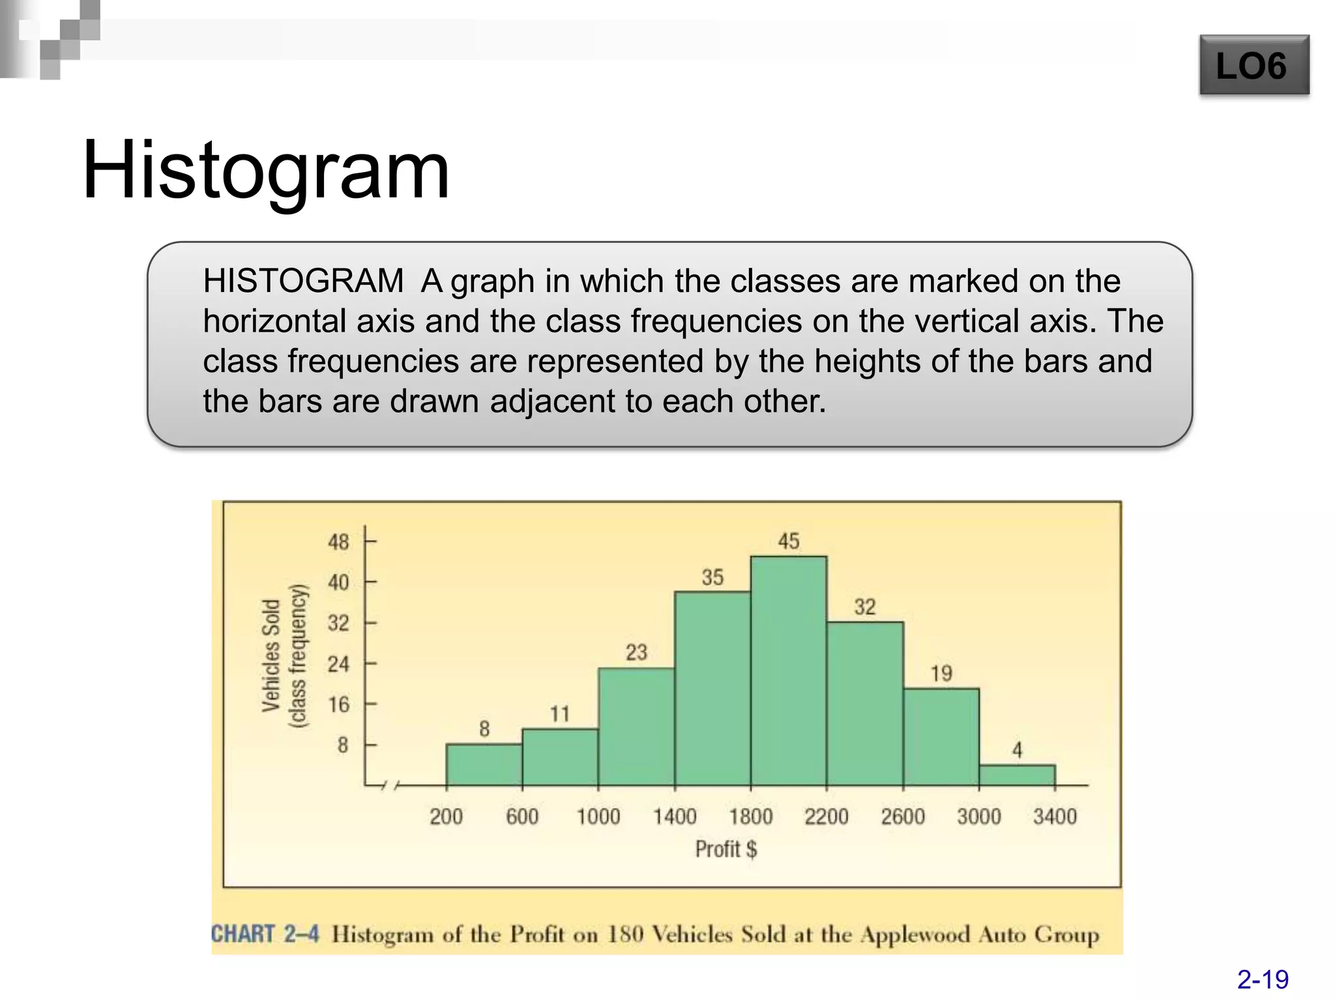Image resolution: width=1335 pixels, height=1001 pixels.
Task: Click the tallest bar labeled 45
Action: (x=789, y=671)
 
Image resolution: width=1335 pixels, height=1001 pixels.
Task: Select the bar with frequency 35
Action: (x=712, y=689)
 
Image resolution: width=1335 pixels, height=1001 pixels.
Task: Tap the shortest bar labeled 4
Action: (x=1017, y=775)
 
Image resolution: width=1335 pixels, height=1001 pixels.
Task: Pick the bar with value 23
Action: (x=636, y=727)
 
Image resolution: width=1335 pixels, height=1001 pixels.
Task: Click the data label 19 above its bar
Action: (x=941, y=673)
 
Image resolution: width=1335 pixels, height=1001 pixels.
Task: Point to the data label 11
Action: (x=560, y=714)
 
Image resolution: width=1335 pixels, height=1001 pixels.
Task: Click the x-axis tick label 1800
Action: (x=751, y=817)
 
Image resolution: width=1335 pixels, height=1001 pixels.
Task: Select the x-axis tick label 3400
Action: (x=1055, y=817)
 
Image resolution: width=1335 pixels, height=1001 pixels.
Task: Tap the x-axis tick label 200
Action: (x=446, y=817)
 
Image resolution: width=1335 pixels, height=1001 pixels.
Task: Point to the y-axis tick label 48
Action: (x=338, y=542)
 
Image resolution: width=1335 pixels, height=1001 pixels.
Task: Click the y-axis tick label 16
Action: (x=338, y=704)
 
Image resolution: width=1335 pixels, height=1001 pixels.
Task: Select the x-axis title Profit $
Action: (x=726, y=849)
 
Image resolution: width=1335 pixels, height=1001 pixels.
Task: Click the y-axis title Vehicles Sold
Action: (x=271, y=656)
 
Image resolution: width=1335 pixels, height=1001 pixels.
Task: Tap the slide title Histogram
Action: (x=266, y=171)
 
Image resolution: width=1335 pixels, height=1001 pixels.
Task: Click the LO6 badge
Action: (x=1254, y=66)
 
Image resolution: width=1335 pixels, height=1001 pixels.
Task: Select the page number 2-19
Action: (x=1263, y=979)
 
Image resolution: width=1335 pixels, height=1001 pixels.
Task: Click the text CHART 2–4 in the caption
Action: (x=265, y=934)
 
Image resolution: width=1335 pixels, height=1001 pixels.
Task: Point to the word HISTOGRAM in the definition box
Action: (x=303, y=282)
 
